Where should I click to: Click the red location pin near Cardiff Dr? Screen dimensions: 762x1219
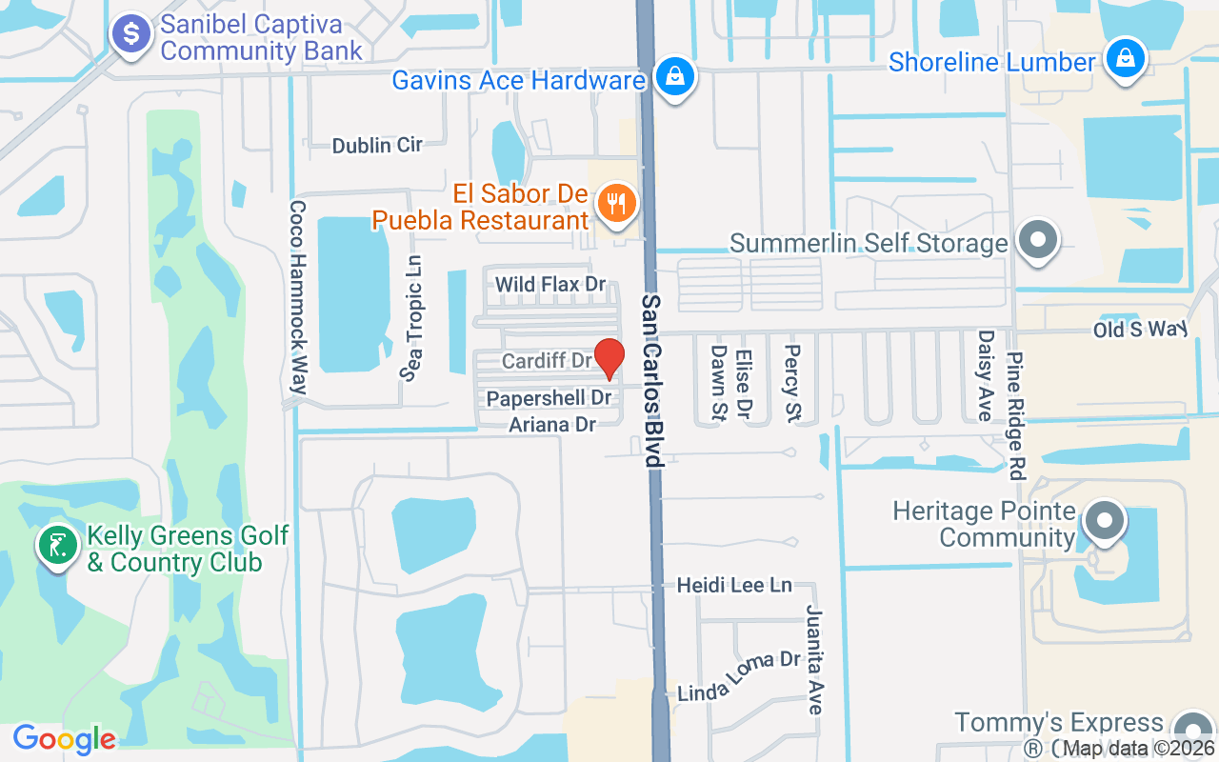pos(609,357)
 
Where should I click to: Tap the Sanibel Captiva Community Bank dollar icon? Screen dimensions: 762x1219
pos(131,35)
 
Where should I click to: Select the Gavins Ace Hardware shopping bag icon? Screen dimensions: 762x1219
pos(674,76)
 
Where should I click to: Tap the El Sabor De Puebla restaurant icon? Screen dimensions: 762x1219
pos(617,204)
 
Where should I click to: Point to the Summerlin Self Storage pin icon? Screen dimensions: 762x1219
pos(1038,238)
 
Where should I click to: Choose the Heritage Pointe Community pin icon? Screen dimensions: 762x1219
pos(1104,521)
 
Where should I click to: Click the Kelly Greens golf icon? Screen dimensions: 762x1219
pos(57,546)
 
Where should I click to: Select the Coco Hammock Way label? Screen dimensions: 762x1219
pos(298,297)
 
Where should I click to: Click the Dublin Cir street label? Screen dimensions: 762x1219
pos(377,146)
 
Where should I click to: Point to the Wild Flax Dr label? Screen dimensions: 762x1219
pos(550,284)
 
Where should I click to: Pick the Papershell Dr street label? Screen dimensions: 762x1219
pos(549,398)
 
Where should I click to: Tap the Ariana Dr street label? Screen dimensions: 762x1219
pos(552,425)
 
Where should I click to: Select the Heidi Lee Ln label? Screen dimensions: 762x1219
pos(734,585)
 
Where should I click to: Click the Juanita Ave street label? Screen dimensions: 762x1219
pos(814,659)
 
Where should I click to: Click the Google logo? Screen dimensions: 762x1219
pos(64,739)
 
